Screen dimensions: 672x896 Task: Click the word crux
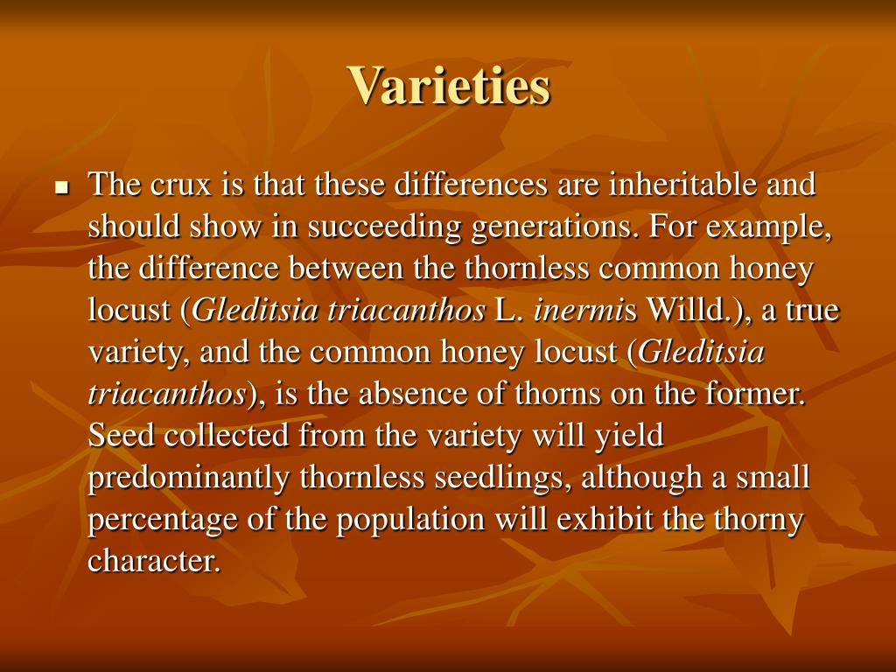click(180, 185)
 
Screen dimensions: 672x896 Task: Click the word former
click(759, 395)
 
